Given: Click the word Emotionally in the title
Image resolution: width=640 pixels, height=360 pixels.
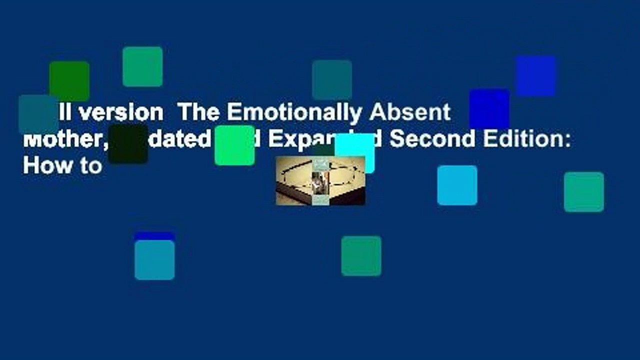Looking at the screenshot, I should (294, 113).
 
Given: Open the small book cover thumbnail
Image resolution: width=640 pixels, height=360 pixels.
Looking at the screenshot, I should (320, 180).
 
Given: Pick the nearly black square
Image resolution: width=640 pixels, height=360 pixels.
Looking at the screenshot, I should (128, 144).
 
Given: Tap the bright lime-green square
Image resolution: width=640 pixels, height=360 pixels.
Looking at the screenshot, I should (234, 145).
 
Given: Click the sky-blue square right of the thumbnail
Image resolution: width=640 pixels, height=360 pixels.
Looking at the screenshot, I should (457, 185).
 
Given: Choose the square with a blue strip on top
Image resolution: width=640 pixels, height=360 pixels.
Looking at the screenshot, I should (154, 256).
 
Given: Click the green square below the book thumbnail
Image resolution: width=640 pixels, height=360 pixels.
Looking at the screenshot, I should (361, 256).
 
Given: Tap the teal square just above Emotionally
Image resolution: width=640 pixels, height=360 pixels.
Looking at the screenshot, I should (332, 80).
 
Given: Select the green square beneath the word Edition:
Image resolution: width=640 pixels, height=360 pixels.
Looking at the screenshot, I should (584, 192).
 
